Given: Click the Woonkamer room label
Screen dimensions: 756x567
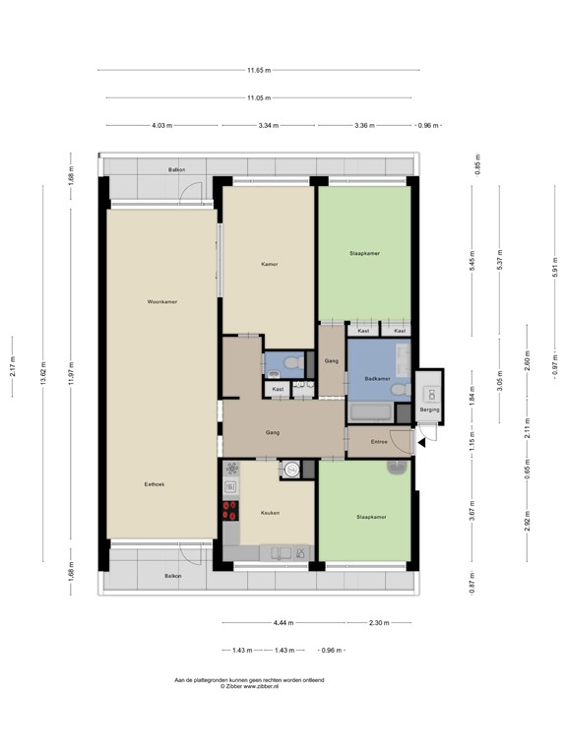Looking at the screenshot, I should click(x=161, y=301).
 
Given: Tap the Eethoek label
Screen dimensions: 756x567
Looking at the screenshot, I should click(x=154, y=483).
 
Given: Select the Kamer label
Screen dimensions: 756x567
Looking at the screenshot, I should click(x=268, y=264).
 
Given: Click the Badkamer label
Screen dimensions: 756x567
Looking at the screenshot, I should click(x=378, y=379).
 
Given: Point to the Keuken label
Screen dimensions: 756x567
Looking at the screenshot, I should click(x=270, y=513).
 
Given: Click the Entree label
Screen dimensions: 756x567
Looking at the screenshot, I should click(x=380, y=442).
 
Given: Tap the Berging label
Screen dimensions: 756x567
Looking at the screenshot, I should click(x=429, y=409).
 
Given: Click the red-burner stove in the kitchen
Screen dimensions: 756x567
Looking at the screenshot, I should click(x=231, y=509).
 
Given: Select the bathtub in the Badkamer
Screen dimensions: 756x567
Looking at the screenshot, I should click(x=370, y=413).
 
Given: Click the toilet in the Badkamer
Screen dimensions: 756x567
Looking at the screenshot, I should click(x=397, y=392).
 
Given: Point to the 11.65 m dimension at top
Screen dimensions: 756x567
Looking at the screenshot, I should click(x=259, y=70).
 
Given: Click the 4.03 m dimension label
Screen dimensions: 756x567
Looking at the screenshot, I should click(x=161, y=126).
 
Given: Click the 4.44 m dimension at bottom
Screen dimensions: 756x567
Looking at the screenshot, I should click(x=282, y=622).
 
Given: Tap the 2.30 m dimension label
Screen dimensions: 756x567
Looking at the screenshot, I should click(x=379, y=622).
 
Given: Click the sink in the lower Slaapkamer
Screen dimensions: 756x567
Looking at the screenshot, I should click(x=396, y=467).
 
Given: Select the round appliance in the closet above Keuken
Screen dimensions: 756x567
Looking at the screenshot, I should click(x=290, y=471).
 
